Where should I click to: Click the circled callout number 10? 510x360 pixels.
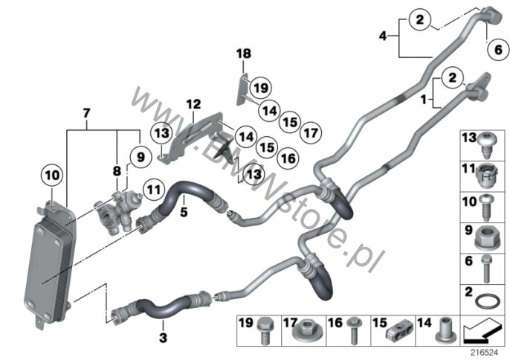52,176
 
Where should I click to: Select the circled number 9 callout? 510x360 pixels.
141,157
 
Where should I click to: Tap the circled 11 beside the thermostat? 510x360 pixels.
153,190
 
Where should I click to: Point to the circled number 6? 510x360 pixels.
498,50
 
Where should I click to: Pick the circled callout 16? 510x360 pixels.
288,158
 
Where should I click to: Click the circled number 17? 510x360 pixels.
311,132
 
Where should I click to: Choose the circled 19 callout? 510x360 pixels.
260,88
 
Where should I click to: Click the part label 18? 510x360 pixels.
244,54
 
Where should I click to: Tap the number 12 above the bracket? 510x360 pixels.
193,104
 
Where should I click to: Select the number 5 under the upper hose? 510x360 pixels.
184,212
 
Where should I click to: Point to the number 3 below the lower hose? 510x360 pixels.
163,338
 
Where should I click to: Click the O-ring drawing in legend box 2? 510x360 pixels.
487,301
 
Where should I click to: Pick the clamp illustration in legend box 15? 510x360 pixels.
399,332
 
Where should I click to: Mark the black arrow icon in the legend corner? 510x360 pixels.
482,332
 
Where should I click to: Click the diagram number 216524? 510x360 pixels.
485,353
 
